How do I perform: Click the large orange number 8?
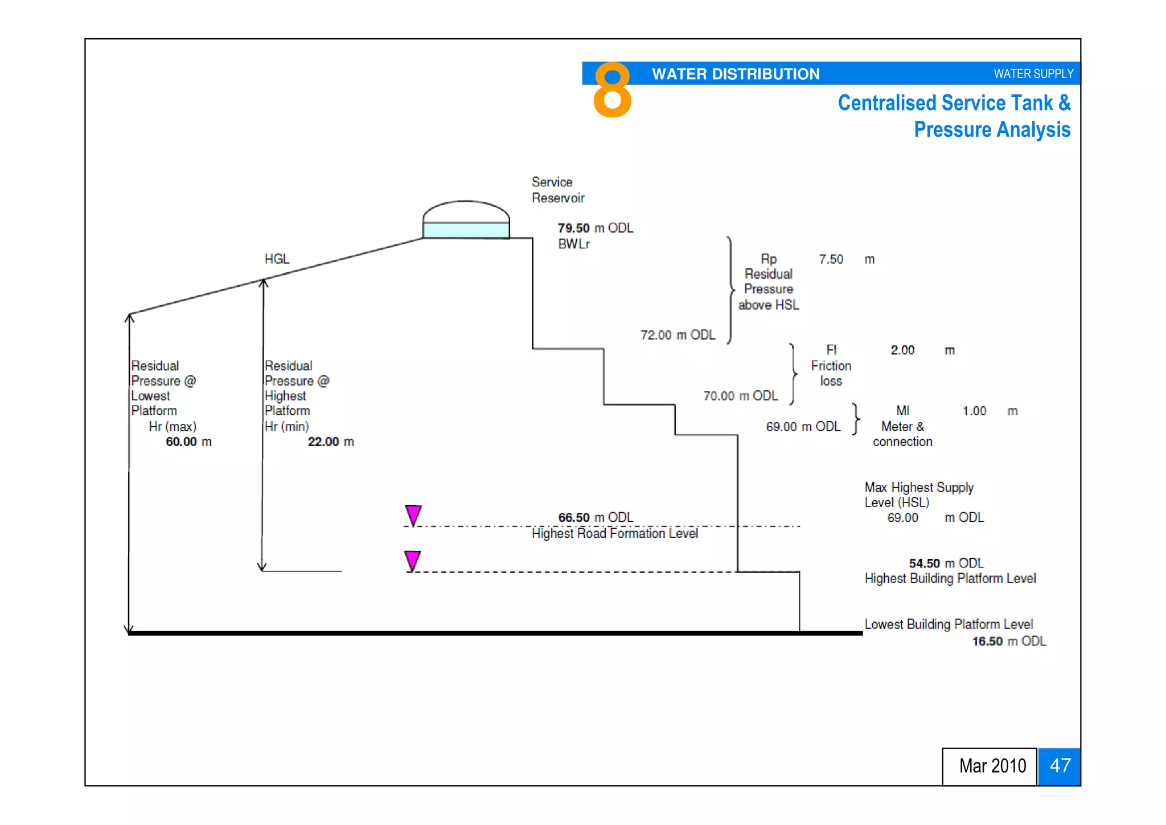(x=612, y=90)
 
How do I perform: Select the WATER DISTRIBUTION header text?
(x=735, y=74)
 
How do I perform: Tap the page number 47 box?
(x=1059, y=766)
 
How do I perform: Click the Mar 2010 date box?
(x=991, y=766)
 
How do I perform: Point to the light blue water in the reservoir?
(x=466, y=230)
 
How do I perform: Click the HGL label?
(x=277, y=259)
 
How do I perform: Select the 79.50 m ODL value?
(x=595, y=228)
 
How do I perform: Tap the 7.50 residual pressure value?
(x=831, y=259)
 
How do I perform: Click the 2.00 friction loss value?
(x=902, y=350)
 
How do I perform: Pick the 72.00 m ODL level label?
(x=678, y=335)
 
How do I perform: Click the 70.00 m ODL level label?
(x=740, y=396)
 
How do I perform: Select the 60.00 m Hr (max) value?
(x=188, y=442)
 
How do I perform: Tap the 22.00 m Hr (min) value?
(x=330, y=442)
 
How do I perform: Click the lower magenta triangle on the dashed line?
(x=413, y=560)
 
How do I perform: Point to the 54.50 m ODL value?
(x=946, y=563)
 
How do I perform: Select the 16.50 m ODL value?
(x=1008, y=641)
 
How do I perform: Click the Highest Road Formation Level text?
(x=614, y=533)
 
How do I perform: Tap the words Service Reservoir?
(x=557, y=190)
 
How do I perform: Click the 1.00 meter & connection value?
(x=974, y=411)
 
